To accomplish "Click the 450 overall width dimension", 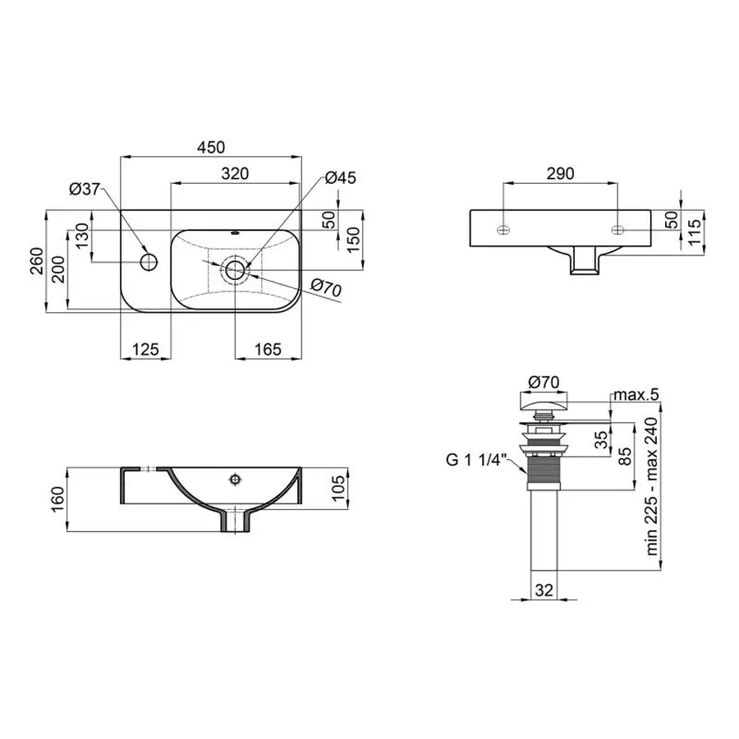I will (209, 148).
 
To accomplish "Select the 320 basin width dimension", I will (234, 174).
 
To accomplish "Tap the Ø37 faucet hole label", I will (84, 190).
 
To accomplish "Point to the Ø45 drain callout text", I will (340, 177).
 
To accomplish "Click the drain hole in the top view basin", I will (236, 269).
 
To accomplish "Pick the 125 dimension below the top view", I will (145, 349).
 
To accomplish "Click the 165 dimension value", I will (267, 349).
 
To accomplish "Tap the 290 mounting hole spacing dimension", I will (560, 174).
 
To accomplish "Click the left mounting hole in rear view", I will (503, 227).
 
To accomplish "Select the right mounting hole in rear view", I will (617, 227).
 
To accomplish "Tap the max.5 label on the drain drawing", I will (637, 397).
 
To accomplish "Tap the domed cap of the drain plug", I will (543, 403).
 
